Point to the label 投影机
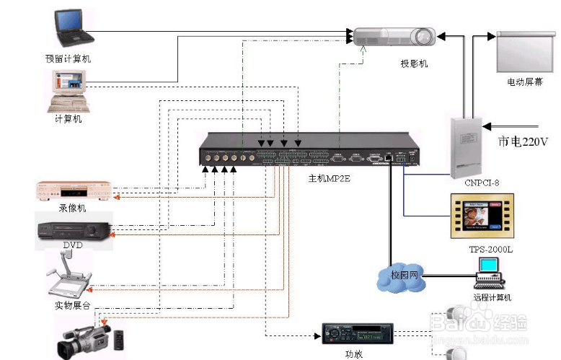pyautogui.click(x=414, y=63)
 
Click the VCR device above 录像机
pyautogui.click(x=74, y=191)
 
